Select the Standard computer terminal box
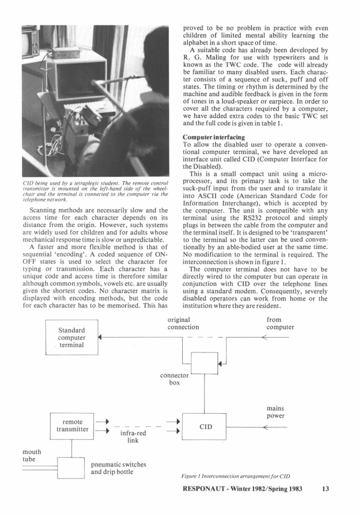[x=73, y=338]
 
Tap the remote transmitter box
[x=71, y=425]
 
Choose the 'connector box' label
[x=175, y=379]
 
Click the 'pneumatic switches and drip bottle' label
[x=118, y=468]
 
